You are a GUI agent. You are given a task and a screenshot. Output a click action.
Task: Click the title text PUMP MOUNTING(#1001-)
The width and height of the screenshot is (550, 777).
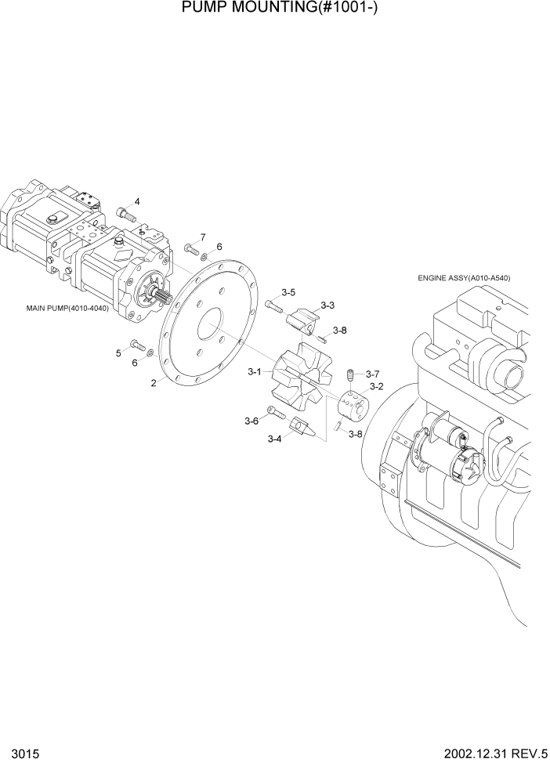tap(274, 10)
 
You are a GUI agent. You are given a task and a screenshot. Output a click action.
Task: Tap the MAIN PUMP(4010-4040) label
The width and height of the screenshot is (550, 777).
tap(67, 307)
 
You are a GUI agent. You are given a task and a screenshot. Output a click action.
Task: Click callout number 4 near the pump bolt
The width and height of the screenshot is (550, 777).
tap(136, 201)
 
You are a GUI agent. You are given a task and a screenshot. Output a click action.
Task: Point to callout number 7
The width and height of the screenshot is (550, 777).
tap(202, 237)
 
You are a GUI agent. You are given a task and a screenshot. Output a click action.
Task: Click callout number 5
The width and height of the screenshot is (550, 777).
tap(119, 353)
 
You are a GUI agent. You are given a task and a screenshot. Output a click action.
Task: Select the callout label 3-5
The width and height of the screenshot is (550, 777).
tap(287, 292)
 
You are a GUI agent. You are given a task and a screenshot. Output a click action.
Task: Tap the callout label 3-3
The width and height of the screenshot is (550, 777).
tap(327, 305)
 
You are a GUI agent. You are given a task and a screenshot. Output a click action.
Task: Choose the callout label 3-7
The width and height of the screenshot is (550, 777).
tap(372, 374)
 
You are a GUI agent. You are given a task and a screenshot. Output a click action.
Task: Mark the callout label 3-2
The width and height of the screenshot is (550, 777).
tap(376, 386)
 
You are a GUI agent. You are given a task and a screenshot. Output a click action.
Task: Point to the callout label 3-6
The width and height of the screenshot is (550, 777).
tap(251, 421)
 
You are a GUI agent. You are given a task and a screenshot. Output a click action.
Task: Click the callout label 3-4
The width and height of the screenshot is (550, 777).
tap(274, 439)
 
